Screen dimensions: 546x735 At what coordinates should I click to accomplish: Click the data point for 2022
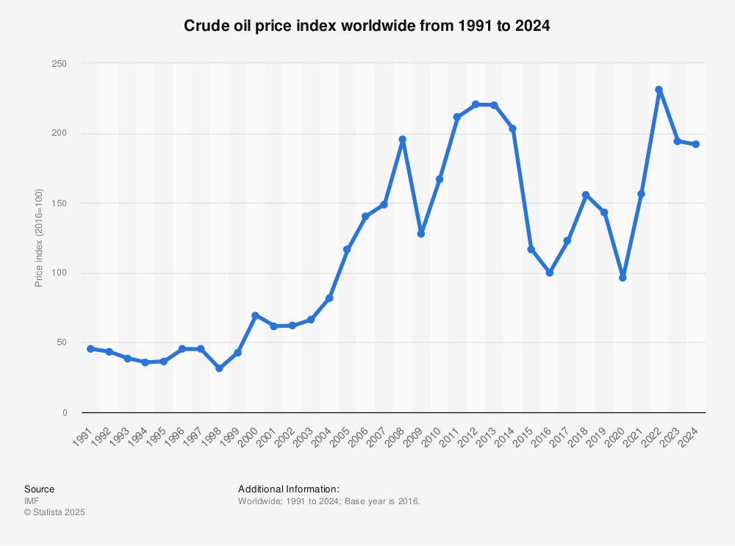click(x=659, y=90)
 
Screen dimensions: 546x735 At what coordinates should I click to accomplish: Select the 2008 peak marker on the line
click(x=402, y=140)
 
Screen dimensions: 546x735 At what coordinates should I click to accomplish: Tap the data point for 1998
click(x=219, y=368)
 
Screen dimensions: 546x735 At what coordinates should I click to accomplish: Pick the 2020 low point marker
click(x=623, y=278)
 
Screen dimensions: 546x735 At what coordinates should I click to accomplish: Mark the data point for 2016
click(x=549, y=273)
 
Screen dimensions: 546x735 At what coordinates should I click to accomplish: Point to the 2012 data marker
click(x=476, y=104)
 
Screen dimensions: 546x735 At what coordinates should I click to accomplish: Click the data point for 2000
click(x=256, y=315)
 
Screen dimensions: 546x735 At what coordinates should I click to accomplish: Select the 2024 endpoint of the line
click(x=695, y=144)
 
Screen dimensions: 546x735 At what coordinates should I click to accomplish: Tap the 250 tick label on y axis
click(x=60, y=64)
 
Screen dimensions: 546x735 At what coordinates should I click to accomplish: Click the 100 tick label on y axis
click(x=60, y=273)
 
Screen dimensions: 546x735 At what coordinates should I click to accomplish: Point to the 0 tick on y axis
click(x=64, y=413)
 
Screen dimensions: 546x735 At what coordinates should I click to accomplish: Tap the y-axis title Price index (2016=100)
click(x=39, y=238)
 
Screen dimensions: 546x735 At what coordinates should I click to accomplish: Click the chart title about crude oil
click(x=367, y=26)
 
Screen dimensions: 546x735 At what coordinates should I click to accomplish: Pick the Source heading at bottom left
click(x=39, y=489)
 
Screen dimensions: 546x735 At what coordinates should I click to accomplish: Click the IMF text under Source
click(x=32, y=501)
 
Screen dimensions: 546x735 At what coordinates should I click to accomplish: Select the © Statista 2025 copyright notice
click(x=54, y=513)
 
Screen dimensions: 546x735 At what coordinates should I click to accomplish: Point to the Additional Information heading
click(x=289, y=489)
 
